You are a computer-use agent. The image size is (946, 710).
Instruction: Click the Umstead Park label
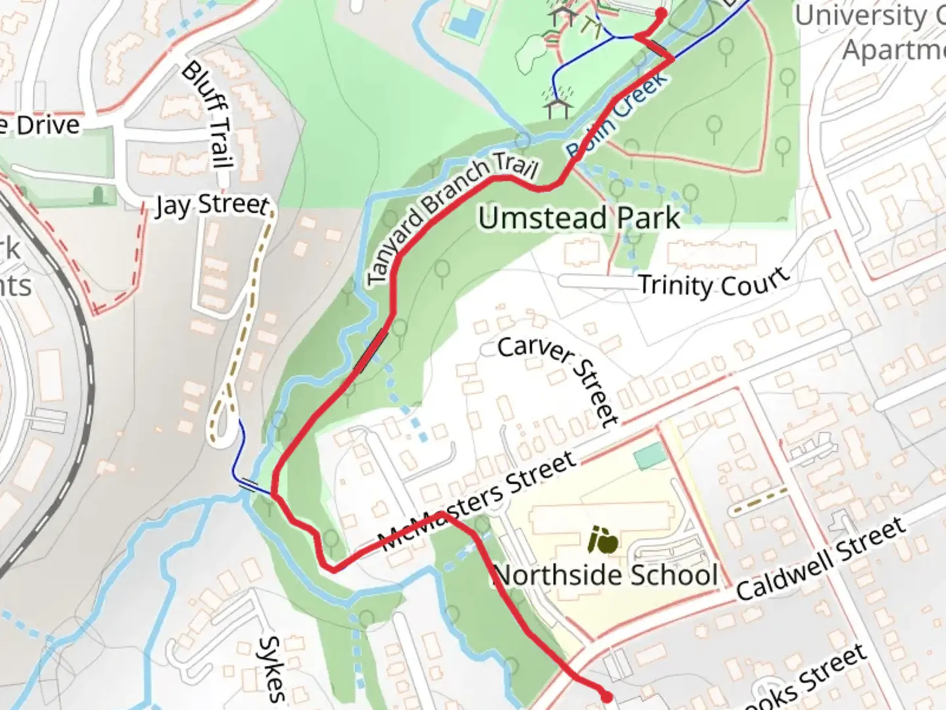pyautogui.click(x=579, y=218)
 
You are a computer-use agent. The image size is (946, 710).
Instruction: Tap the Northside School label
pyautogui.click(x=605, y=575)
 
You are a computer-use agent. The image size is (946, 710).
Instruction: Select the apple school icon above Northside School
pyautogui.click(x=603, y=541)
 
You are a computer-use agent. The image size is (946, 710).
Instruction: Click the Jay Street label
pyautogui.click(x=212, y=205)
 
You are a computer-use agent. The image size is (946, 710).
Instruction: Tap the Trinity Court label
pyautogui.click(x=713, y=284)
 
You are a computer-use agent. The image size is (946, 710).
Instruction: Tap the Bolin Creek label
pyautogui.click(x=618, y=116)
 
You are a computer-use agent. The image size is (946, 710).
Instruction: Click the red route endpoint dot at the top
pyautogui.click(x=661, y=13)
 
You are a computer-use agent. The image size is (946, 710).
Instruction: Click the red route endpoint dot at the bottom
pyautogui.click(x=606, y=696)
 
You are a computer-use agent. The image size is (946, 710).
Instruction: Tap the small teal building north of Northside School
pyautogui.click(x=650, y=456)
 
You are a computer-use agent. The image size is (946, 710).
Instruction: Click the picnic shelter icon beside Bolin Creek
pyautogui.click(x=557, y=105)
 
